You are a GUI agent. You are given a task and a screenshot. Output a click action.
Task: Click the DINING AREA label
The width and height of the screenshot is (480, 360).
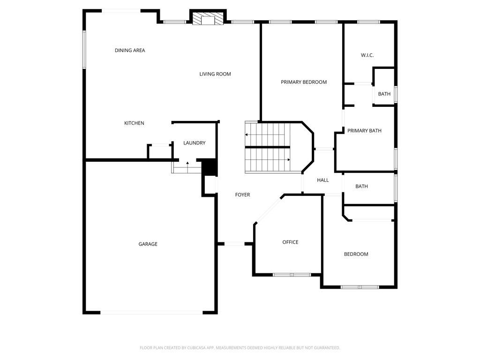click(x=130, y=50)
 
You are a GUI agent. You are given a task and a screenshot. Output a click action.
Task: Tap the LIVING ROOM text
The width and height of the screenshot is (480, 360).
click(x=215, y=74)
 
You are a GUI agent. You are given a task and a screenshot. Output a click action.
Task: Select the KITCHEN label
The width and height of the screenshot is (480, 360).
click(x=134, y=123)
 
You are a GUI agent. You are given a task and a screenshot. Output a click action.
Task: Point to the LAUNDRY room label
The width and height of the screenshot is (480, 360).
click(x=194, y=143)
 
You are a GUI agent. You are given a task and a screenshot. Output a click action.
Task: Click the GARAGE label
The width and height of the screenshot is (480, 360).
click(x=148, y=244)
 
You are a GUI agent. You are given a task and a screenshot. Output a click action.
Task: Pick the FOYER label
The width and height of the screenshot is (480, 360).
click(x=242, y=195)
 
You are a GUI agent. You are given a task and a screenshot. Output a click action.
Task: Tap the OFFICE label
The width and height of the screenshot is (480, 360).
click(x=290, y=242)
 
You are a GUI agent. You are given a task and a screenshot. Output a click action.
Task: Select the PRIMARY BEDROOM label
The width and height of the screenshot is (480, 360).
click(x=304, y=82)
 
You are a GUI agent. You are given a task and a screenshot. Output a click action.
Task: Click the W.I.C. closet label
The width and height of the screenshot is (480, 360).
click(x=367, y=55)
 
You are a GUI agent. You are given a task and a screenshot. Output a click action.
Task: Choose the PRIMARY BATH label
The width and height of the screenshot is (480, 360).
click(x=364, y=131)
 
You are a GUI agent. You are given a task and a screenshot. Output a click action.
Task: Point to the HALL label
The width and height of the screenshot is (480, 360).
click(x=322, y=180)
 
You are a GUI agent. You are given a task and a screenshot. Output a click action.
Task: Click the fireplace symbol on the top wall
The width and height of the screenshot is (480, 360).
click(x=208, y=19)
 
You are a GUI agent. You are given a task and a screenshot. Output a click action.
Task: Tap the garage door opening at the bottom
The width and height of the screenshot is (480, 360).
click(x=151, y=312)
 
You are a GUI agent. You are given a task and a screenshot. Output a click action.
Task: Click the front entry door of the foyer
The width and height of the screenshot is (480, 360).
click(x=234, y=244)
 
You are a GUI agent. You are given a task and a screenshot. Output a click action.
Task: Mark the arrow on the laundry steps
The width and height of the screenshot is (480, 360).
click(x=187, y=163)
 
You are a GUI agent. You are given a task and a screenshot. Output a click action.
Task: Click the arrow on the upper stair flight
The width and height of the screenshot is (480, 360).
click(x=247, y=135)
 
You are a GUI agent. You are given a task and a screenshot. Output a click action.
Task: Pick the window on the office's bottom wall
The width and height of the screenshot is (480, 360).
click(x=292, y=275)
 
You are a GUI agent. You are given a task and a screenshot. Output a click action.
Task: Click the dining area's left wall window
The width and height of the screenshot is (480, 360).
click(x=84, y=49)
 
